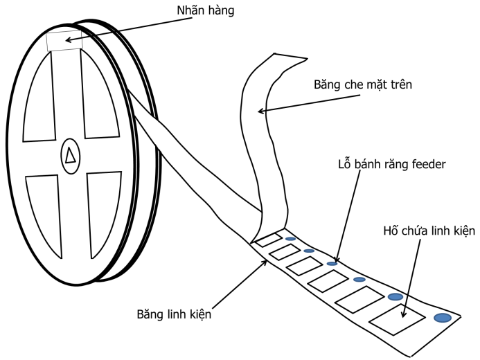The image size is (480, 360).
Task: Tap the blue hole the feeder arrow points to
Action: click(x=332, y=263)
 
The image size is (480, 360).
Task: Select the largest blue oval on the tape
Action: click(x=442, y=318)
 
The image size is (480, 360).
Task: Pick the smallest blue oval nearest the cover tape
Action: click(x=290, y=239)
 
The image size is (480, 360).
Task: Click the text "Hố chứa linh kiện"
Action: click(x=429, y=231)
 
